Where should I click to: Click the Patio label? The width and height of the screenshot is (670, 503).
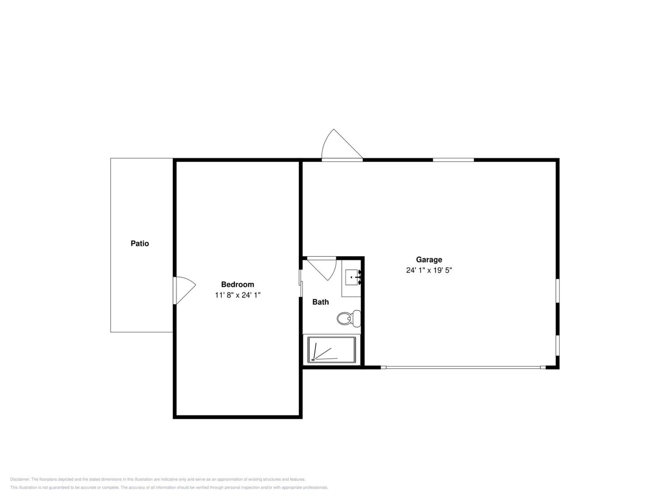(x=140, y=243)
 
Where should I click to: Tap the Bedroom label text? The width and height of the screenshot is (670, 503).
(x=237, y=284)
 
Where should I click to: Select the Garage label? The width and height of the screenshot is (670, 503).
(x=429, y=260)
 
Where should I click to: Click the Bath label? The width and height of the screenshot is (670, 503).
(x=320, y=302)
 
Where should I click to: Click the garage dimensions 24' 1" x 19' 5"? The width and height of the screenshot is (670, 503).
(x=429, y=270)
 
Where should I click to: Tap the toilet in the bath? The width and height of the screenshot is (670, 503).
(x=349, y=318)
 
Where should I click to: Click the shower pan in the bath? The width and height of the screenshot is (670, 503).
(x=331, y=350)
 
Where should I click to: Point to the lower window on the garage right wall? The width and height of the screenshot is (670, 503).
(x=558, y=345)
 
